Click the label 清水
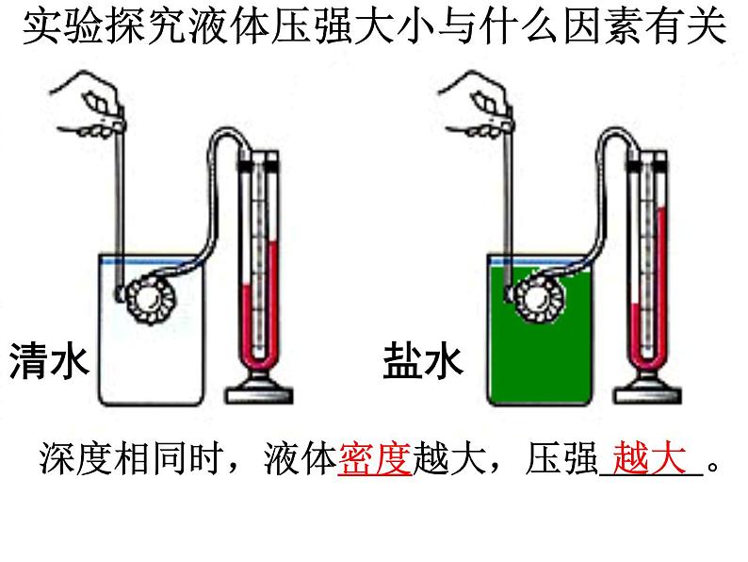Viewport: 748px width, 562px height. coord(48,361)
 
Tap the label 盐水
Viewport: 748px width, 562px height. coord(423,361)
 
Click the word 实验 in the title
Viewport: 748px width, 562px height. coord(57,29)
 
